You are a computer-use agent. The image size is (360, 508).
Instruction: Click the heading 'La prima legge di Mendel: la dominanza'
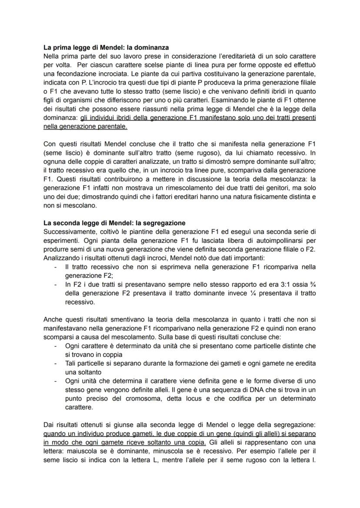[107, 47]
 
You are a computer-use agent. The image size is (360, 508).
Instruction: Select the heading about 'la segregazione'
[114, 223]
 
